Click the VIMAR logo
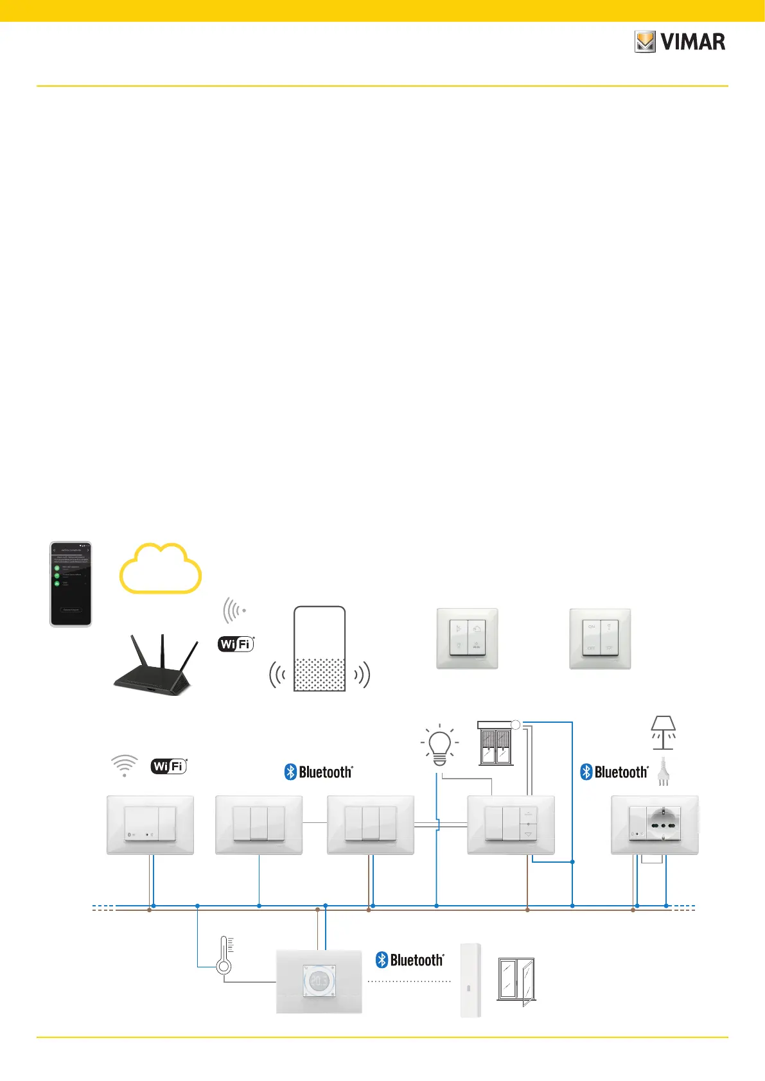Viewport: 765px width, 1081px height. (680, 42)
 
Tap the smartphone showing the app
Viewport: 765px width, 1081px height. (71, 584)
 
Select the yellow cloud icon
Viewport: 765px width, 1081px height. (161, 569)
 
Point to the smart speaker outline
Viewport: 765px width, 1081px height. (319, 648)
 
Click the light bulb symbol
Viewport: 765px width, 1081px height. (439, 745)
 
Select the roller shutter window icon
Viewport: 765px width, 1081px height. (495, 743)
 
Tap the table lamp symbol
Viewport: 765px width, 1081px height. (663, 732)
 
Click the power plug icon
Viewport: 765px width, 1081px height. (664, 772)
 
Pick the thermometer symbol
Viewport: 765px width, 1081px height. (224, 956)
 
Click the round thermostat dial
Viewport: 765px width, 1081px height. (319, 982)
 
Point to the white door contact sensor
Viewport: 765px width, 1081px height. (471, 980)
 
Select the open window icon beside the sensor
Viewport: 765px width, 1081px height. (516, 980)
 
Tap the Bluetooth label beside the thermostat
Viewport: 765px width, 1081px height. (410, 960)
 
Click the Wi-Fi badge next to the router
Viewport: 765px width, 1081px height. (236, 644)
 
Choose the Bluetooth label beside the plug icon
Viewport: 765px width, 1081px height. (615, 772)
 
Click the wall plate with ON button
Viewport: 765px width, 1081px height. (600, 639)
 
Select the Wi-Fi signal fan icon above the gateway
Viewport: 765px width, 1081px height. (125, 765)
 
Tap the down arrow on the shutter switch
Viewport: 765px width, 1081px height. (529, 835)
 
